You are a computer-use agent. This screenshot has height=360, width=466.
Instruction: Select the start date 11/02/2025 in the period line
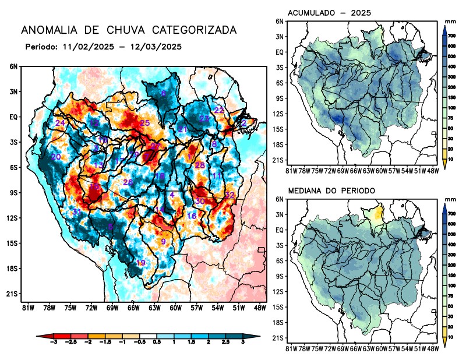[86, 46]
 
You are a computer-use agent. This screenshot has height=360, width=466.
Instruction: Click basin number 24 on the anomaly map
[60, 123]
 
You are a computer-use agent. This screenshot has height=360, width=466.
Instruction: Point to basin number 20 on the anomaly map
[56, 157]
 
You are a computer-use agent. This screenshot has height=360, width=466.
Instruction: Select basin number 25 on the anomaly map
[144, 123]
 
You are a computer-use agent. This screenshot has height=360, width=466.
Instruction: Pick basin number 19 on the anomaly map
[140, 263]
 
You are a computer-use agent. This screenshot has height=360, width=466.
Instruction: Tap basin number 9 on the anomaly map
[164, 241]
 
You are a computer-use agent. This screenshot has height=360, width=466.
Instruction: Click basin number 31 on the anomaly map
[76, 211]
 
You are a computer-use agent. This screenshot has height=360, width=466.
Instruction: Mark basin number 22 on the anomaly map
[219, 110]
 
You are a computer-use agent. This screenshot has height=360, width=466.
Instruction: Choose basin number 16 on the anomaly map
[191, 216]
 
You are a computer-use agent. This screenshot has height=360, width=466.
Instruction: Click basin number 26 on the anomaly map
[128, 183]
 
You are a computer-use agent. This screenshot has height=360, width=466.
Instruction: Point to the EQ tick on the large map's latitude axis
[13, 117]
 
